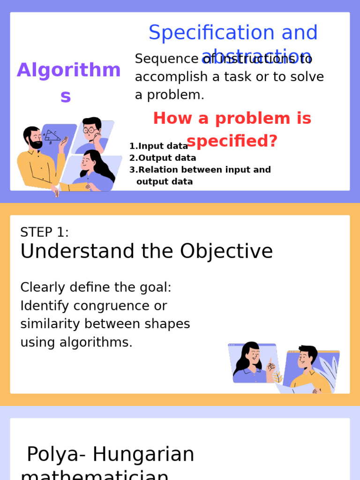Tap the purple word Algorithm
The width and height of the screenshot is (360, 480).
(68, 70)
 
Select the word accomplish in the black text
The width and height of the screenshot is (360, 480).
(171, 77)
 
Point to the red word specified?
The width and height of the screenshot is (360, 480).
(232, 141)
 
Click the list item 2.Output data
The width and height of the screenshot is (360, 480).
(163, 158)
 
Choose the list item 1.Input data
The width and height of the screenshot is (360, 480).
(158, 146)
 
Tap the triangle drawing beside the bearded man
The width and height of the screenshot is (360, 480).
(52, 135)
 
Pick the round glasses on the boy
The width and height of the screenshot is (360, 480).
(90, 130)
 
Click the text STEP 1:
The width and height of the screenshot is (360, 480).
(45, 232)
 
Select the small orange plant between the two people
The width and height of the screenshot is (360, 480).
(277, 376)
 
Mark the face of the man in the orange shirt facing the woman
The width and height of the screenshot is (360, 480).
(305, 360)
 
